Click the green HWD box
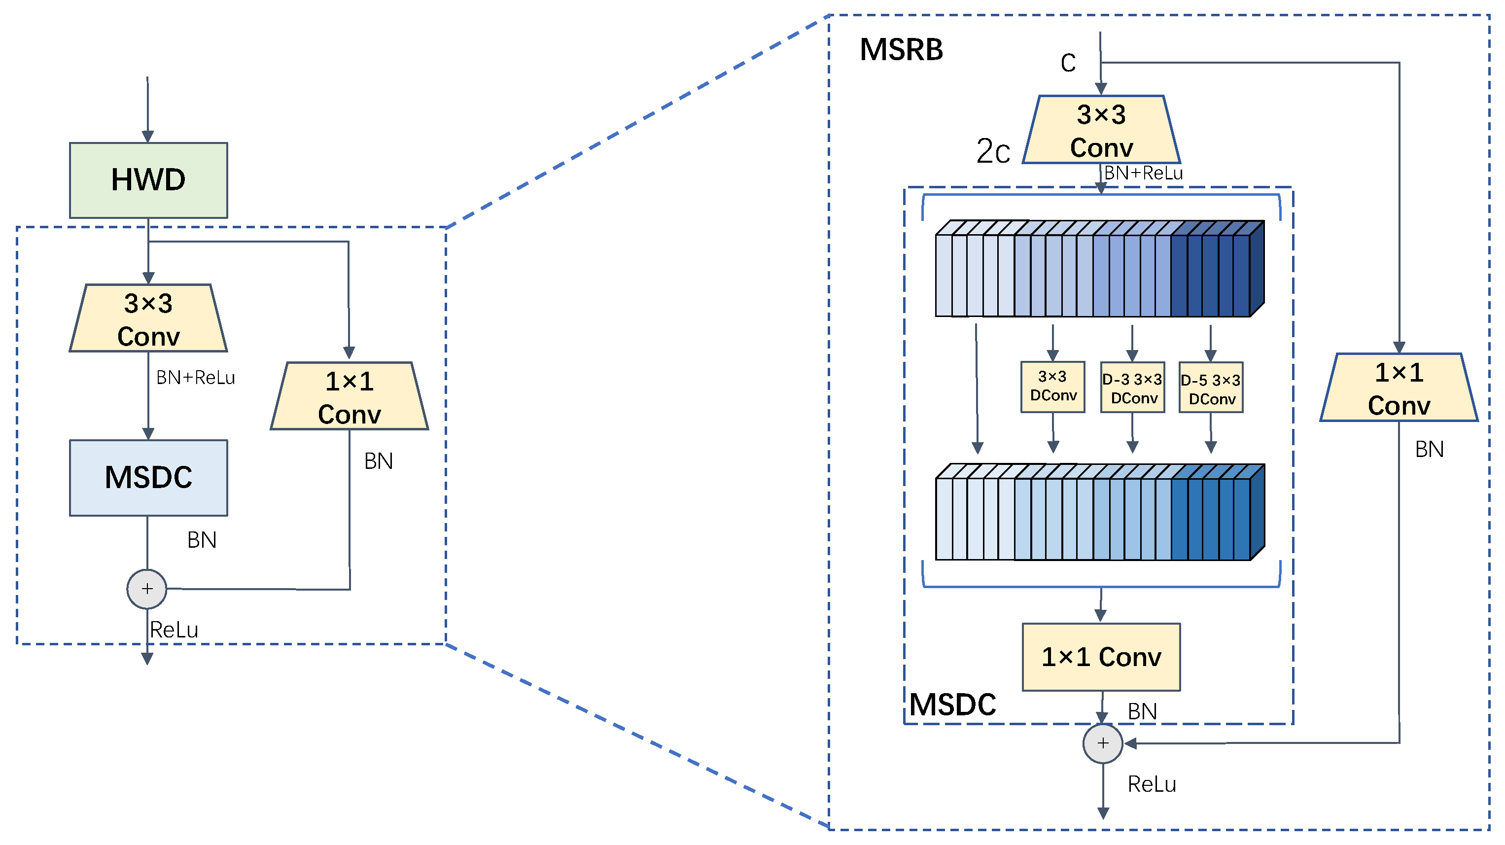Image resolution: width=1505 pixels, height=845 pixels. coord(148,180)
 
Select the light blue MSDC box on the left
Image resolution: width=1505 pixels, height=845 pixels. coord(148,477)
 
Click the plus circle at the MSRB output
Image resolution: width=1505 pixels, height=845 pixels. coord(1102,743)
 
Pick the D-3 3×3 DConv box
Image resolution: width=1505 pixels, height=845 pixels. coord(1132,388)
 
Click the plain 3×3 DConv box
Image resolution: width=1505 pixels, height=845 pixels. coord(1053,387)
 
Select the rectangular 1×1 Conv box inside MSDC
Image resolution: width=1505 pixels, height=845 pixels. coord(1101,657)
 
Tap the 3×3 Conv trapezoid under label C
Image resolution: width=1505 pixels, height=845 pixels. coord(1101,130)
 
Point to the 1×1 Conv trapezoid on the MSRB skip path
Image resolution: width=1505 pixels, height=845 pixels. coord(1399,388)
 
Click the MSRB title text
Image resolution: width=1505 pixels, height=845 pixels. coord(901,50)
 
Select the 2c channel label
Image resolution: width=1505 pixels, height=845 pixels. coord(993,151)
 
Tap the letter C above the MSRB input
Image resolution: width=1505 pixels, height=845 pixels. coord(1068,63)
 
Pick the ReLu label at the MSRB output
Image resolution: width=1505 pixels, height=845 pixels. coord(1152,784)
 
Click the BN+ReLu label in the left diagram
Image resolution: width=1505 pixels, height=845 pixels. coord(195,378)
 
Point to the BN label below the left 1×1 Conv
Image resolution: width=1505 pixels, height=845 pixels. coord(379,461)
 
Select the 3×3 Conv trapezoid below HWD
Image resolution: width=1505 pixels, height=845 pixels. coord(148,319)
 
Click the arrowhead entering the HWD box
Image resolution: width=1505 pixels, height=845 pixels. coord(148,137)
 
